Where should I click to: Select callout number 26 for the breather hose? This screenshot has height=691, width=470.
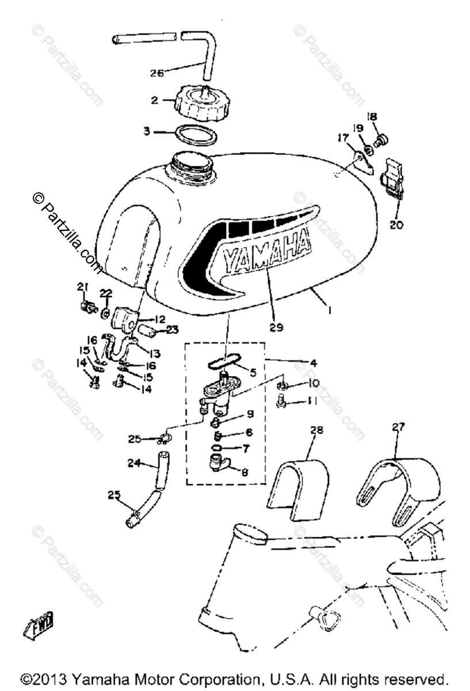tap(156, 73)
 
